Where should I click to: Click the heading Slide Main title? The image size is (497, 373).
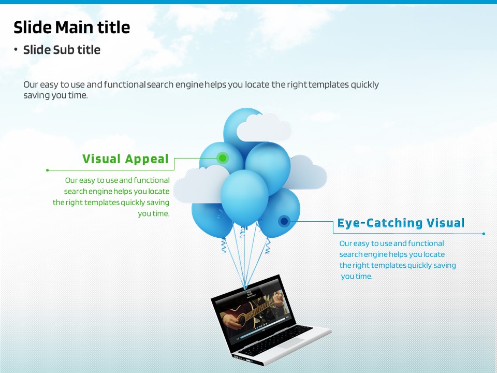pyautogui.click(x=71, y=27)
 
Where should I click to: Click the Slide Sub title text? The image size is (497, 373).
pyautogui.click(x=62, y=50)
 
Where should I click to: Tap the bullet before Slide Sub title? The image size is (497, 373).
pyautogui.click(x=16, y=50)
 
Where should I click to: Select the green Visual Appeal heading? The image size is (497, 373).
pyautogui.click(x=125, y=159)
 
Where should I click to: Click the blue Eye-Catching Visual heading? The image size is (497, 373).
pyautogui.click(x=401, y=223)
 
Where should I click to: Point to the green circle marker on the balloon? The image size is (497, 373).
pyautogui.click(x=223, y=157)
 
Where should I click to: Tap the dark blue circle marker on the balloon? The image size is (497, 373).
pyautogui.click(x=284, y=221)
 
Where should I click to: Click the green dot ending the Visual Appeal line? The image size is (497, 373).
pyautogui.click(x=48, y=170)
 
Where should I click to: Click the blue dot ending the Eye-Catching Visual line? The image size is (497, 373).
pyautogui.click(x=484, y=234)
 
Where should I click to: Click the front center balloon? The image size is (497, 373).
pyautogui.click(x=244, y=197)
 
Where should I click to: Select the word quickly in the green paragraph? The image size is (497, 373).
pyautogui.click(x=133, y=203)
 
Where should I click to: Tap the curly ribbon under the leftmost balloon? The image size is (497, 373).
pyautogui.click(x=224, y=245)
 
